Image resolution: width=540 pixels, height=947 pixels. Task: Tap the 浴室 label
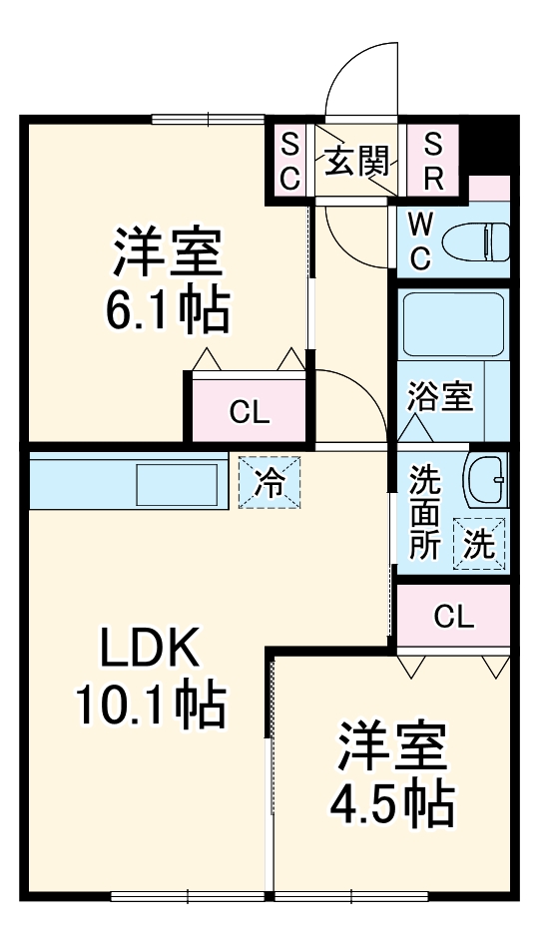439,396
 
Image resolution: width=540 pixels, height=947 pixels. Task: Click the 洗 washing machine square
481,545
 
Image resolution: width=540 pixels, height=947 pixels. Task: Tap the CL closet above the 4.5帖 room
453,617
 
